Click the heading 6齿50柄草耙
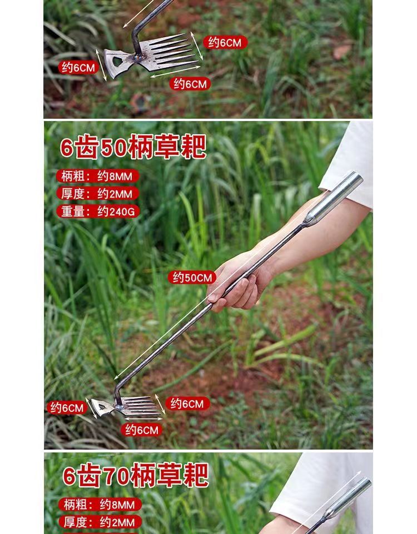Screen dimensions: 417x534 133,147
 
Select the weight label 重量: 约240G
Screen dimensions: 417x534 98,211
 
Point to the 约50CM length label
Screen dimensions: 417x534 192,278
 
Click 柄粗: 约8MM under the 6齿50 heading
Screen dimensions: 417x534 98,176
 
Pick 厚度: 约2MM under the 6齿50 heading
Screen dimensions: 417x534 98,194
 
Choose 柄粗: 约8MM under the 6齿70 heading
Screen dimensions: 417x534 100,505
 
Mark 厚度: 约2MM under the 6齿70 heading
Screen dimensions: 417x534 100,522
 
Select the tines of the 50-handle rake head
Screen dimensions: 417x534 141,406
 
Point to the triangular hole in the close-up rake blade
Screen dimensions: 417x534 117,62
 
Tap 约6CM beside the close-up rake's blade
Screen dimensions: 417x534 78,67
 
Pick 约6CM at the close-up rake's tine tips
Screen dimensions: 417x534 225,42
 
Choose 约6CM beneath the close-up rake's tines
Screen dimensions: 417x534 190,84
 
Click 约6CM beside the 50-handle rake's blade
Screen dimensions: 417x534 67,407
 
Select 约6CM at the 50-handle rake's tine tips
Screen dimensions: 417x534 187,404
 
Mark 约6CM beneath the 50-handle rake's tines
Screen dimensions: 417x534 142,430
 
